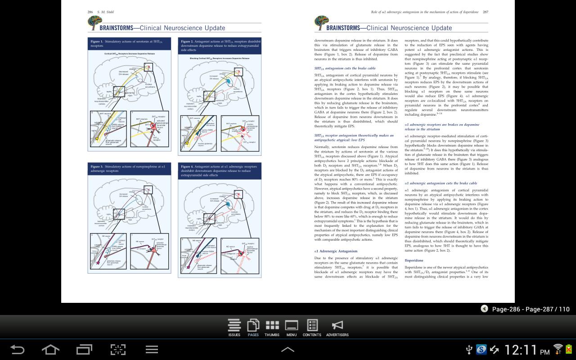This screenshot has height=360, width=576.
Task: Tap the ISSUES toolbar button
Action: tap(234, 327)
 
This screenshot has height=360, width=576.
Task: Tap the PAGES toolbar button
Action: tap(253, 327)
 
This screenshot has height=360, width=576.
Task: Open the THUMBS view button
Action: tap(272, 327)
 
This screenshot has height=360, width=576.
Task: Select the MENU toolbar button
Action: tap(291, 327)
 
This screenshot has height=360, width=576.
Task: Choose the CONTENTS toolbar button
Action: tap(312, 327)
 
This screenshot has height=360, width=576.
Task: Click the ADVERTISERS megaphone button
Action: tap(337, 327)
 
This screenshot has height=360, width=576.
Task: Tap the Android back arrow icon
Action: tap(17, 349)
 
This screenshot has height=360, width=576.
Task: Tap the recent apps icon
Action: tap(84, 349)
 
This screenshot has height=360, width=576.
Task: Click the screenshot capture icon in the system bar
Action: tap(118, 349)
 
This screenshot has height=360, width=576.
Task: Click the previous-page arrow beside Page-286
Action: tap(484, 309)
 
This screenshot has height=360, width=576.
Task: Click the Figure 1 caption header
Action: tap(129, 43)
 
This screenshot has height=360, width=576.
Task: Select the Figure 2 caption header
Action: tap(220, 45)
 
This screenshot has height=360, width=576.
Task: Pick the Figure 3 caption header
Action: tap(129, 169)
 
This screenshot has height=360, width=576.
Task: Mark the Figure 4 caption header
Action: tap(220, 171)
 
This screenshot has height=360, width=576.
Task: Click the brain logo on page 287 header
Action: tap(321, 22)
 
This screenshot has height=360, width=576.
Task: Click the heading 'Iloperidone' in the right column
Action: tap(414, 261)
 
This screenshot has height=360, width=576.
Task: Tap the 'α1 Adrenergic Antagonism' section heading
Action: tap(336, 251)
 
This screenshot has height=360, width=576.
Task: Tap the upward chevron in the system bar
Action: tap(288, 349)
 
